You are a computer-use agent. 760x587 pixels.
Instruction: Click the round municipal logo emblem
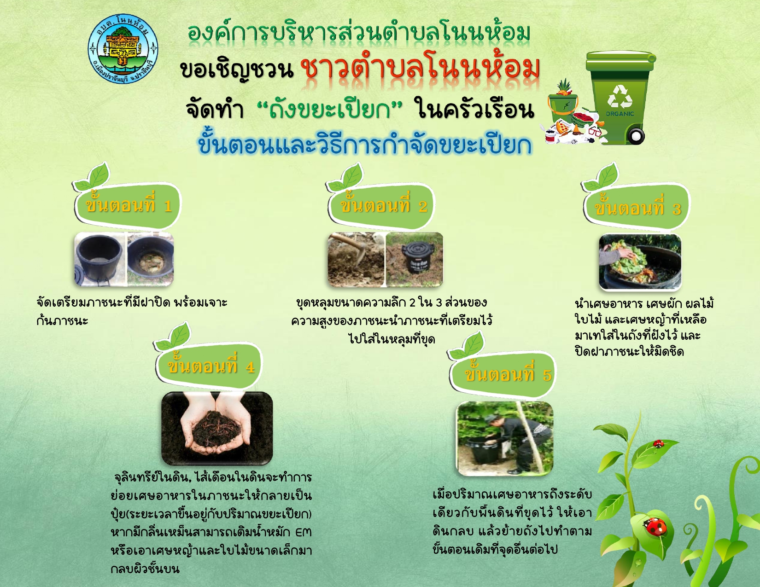(123, 49)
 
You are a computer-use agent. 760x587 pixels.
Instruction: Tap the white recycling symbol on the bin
(620, 96)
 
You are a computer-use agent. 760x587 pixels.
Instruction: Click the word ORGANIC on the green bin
(620, 114)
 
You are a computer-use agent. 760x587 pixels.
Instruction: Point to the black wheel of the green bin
(636, 135)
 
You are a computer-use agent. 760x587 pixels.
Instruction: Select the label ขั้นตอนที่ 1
(129, 205)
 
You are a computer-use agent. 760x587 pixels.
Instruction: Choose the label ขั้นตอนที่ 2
(383, 205)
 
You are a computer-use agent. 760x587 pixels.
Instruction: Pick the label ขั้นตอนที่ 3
(638, 208)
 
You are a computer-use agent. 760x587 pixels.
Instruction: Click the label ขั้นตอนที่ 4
(211, 366)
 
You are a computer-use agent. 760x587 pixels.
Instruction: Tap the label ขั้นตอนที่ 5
(508, 374)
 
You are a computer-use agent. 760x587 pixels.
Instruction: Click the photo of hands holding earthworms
(217, 429)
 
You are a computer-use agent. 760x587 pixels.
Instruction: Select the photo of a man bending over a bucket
(505, 438)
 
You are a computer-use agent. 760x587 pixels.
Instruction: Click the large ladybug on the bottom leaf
(655, 526)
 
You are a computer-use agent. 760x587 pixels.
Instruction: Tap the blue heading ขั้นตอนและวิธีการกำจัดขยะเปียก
(365, 145)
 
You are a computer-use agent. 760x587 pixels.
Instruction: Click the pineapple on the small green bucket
(564, 87)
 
